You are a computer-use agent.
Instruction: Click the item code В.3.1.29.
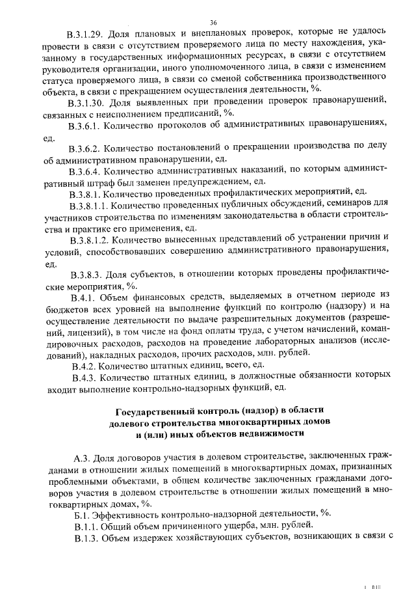88,33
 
